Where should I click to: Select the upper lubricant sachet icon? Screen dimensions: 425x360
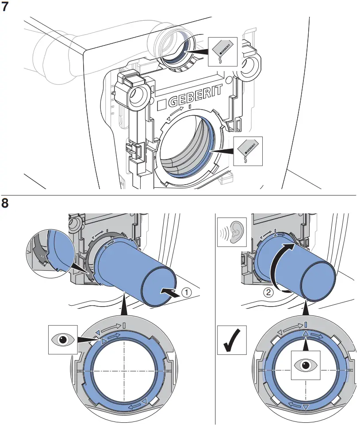point(222,52)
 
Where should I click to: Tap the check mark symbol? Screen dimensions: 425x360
point(232,341)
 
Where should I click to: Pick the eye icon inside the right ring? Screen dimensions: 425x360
point(306,365)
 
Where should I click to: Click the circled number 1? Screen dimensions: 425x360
point(188,292)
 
